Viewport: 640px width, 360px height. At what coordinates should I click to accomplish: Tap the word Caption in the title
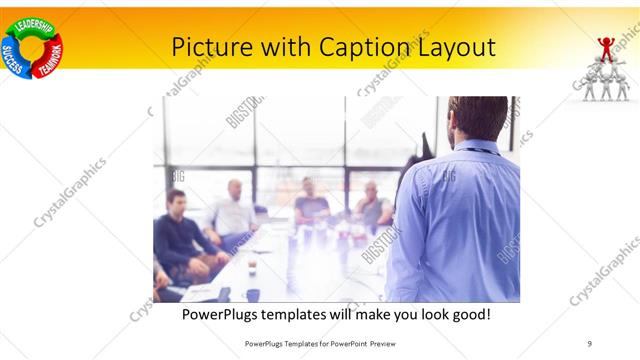363,46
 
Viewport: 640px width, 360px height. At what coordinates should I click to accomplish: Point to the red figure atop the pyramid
606,47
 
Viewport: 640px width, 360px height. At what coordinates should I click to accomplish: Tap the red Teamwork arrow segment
49,58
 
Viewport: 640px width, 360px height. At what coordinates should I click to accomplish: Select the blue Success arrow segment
14,56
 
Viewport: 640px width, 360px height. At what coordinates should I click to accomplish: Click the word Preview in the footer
380,342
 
